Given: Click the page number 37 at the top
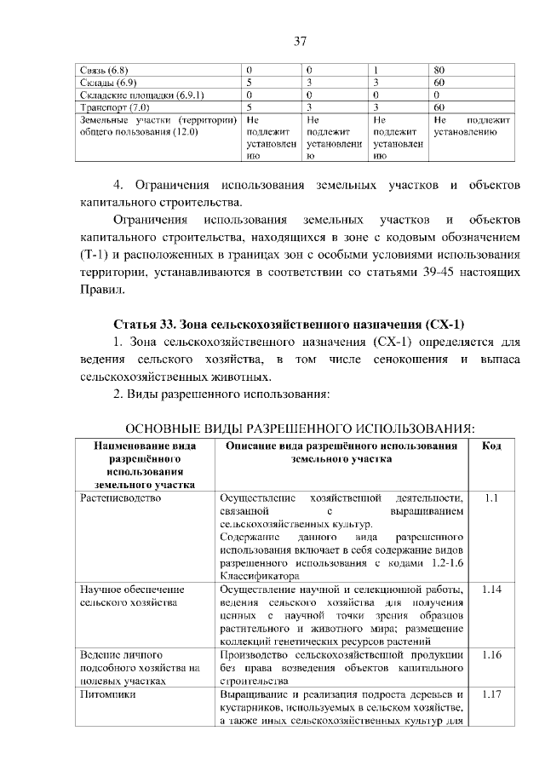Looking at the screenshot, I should (300, 41).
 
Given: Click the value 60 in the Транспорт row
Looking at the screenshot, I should (439, 108).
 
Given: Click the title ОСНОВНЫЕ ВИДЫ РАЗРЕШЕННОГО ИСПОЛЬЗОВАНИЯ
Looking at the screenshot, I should (300, 427).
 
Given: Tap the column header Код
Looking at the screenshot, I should (491, 446).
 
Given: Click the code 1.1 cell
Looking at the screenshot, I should (491, 498).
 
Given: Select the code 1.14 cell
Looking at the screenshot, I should (491, 589).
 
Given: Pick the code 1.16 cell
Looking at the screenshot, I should (491, 654).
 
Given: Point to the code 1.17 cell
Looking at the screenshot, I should (491, 694).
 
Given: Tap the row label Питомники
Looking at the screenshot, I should (106, 694).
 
